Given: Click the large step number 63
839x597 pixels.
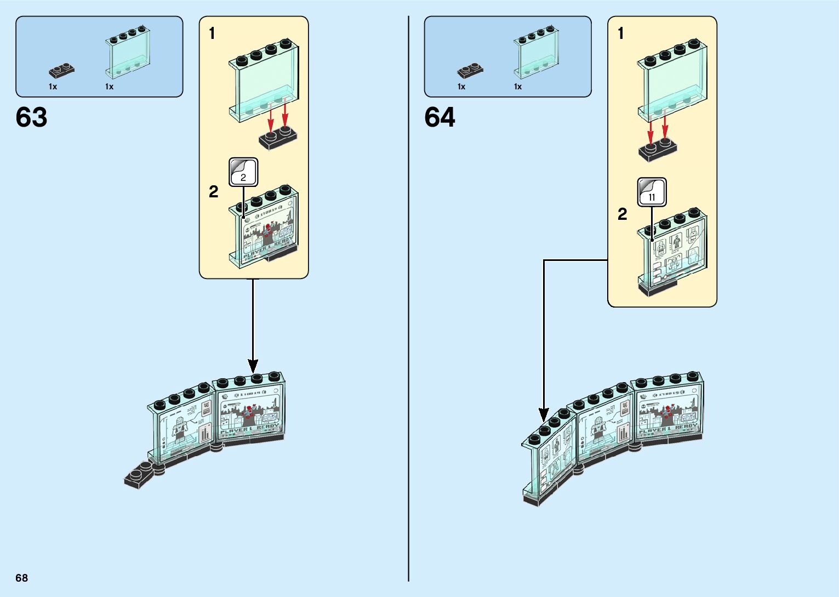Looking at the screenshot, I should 31,117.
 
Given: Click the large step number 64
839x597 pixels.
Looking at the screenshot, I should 440,117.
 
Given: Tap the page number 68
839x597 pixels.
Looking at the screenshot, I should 21,578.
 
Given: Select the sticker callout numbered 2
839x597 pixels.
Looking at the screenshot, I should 243,172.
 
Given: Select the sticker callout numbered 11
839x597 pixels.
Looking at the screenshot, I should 652,192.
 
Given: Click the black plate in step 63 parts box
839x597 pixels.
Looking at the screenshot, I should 61,70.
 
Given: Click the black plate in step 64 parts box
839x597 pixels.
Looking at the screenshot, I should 470,70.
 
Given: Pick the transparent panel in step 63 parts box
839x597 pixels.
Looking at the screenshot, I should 128,53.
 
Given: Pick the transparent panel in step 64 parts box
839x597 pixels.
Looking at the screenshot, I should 536,53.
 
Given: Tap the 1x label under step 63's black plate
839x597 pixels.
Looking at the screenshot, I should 53,87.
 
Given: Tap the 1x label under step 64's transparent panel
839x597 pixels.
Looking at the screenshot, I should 518,87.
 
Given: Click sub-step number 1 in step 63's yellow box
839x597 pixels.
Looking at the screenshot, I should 212,34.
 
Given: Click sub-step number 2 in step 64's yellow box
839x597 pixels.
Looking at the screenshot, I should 622,214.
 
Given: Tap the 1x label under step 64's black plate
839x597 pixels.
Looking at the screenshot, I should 461,87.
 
